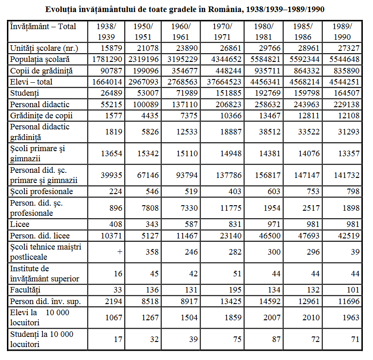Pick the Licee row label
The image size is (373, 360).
20,225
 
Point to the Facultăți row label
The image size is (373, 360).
25,290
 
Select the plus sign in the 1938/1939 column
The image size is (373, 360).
120,252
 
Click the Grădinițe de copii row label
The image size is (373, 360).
42,116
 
